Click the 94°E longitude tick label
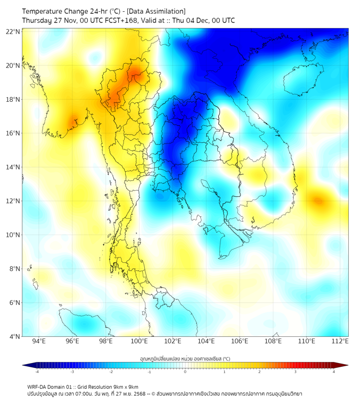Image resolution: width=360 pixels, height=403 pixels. point(39,341)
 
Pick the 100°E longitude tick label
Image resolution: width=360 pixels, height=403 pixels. point(139,341)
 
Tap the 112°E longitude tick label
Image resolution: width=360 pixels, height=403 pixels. point(340,341)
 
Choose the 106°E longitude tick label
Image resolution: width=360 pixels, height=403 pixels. point(240,341)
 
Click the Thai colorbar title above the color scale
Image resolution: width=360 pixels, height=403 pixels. point(185,358)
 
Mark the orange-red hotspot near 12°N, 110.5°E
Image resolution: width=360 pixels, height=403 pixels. point(318,201)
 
